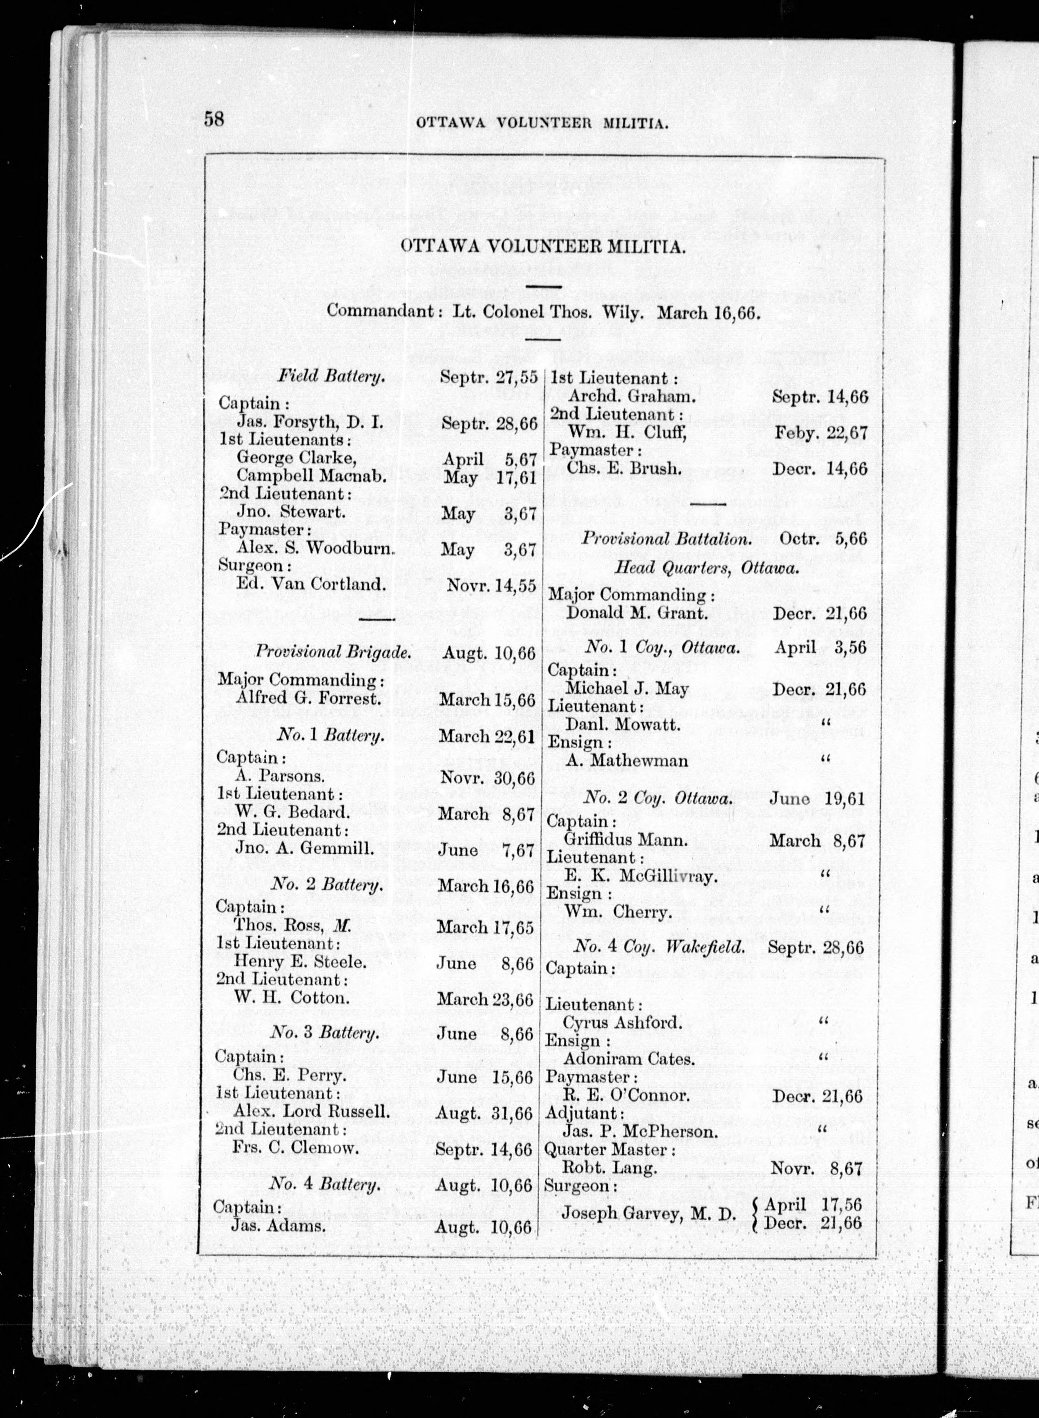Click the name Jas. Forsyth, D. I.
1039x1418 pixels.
coord(310,421)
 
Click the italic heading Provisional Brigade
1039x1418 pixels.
coord(333,651)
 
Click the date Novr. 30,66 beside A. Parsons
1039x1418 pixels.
coord(487,778)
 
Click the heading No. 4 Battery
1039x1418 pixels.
coord(325,1185)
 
